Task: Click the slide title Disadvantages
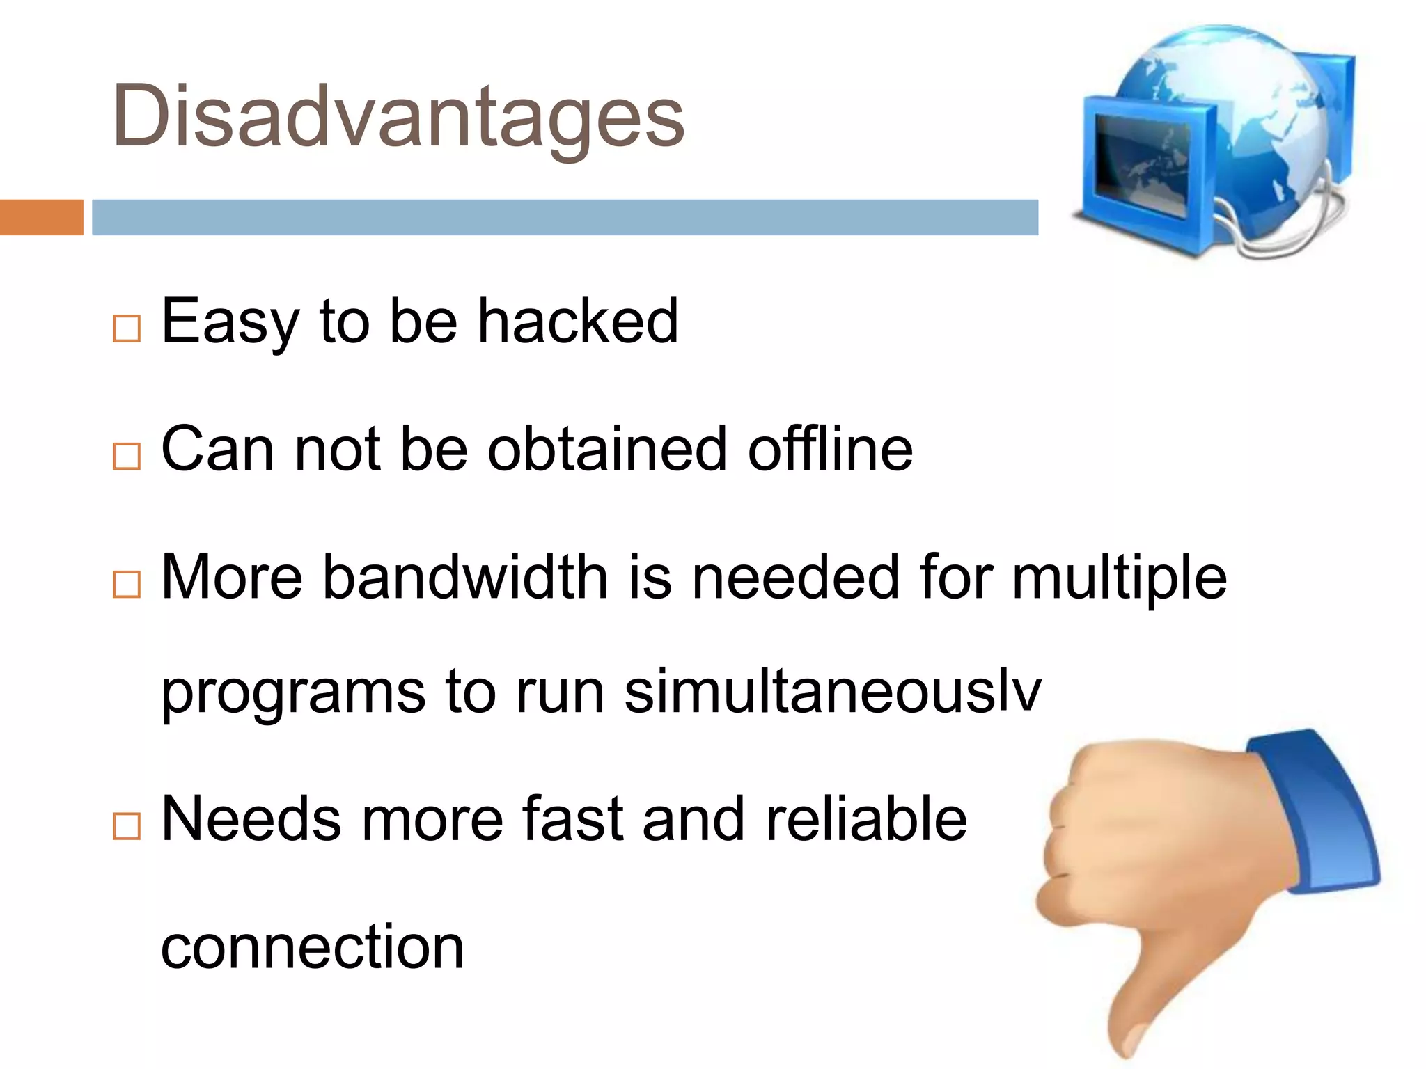point(398,117)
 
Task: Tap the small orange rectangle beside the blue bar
point(41,217)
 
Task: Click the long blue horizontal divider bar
point(564,217)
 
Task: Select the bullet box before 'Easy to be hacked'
point(127,328)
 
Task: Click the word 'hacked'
point(577,322)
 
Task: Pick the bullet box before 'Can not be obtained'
point(127,456)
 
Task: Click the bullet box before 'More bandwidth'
point(127,584)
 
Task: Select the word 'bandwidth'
point(465,577)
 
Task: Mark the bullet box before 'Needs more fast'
point(127,826)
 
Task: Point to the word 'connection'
point(312,947)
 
